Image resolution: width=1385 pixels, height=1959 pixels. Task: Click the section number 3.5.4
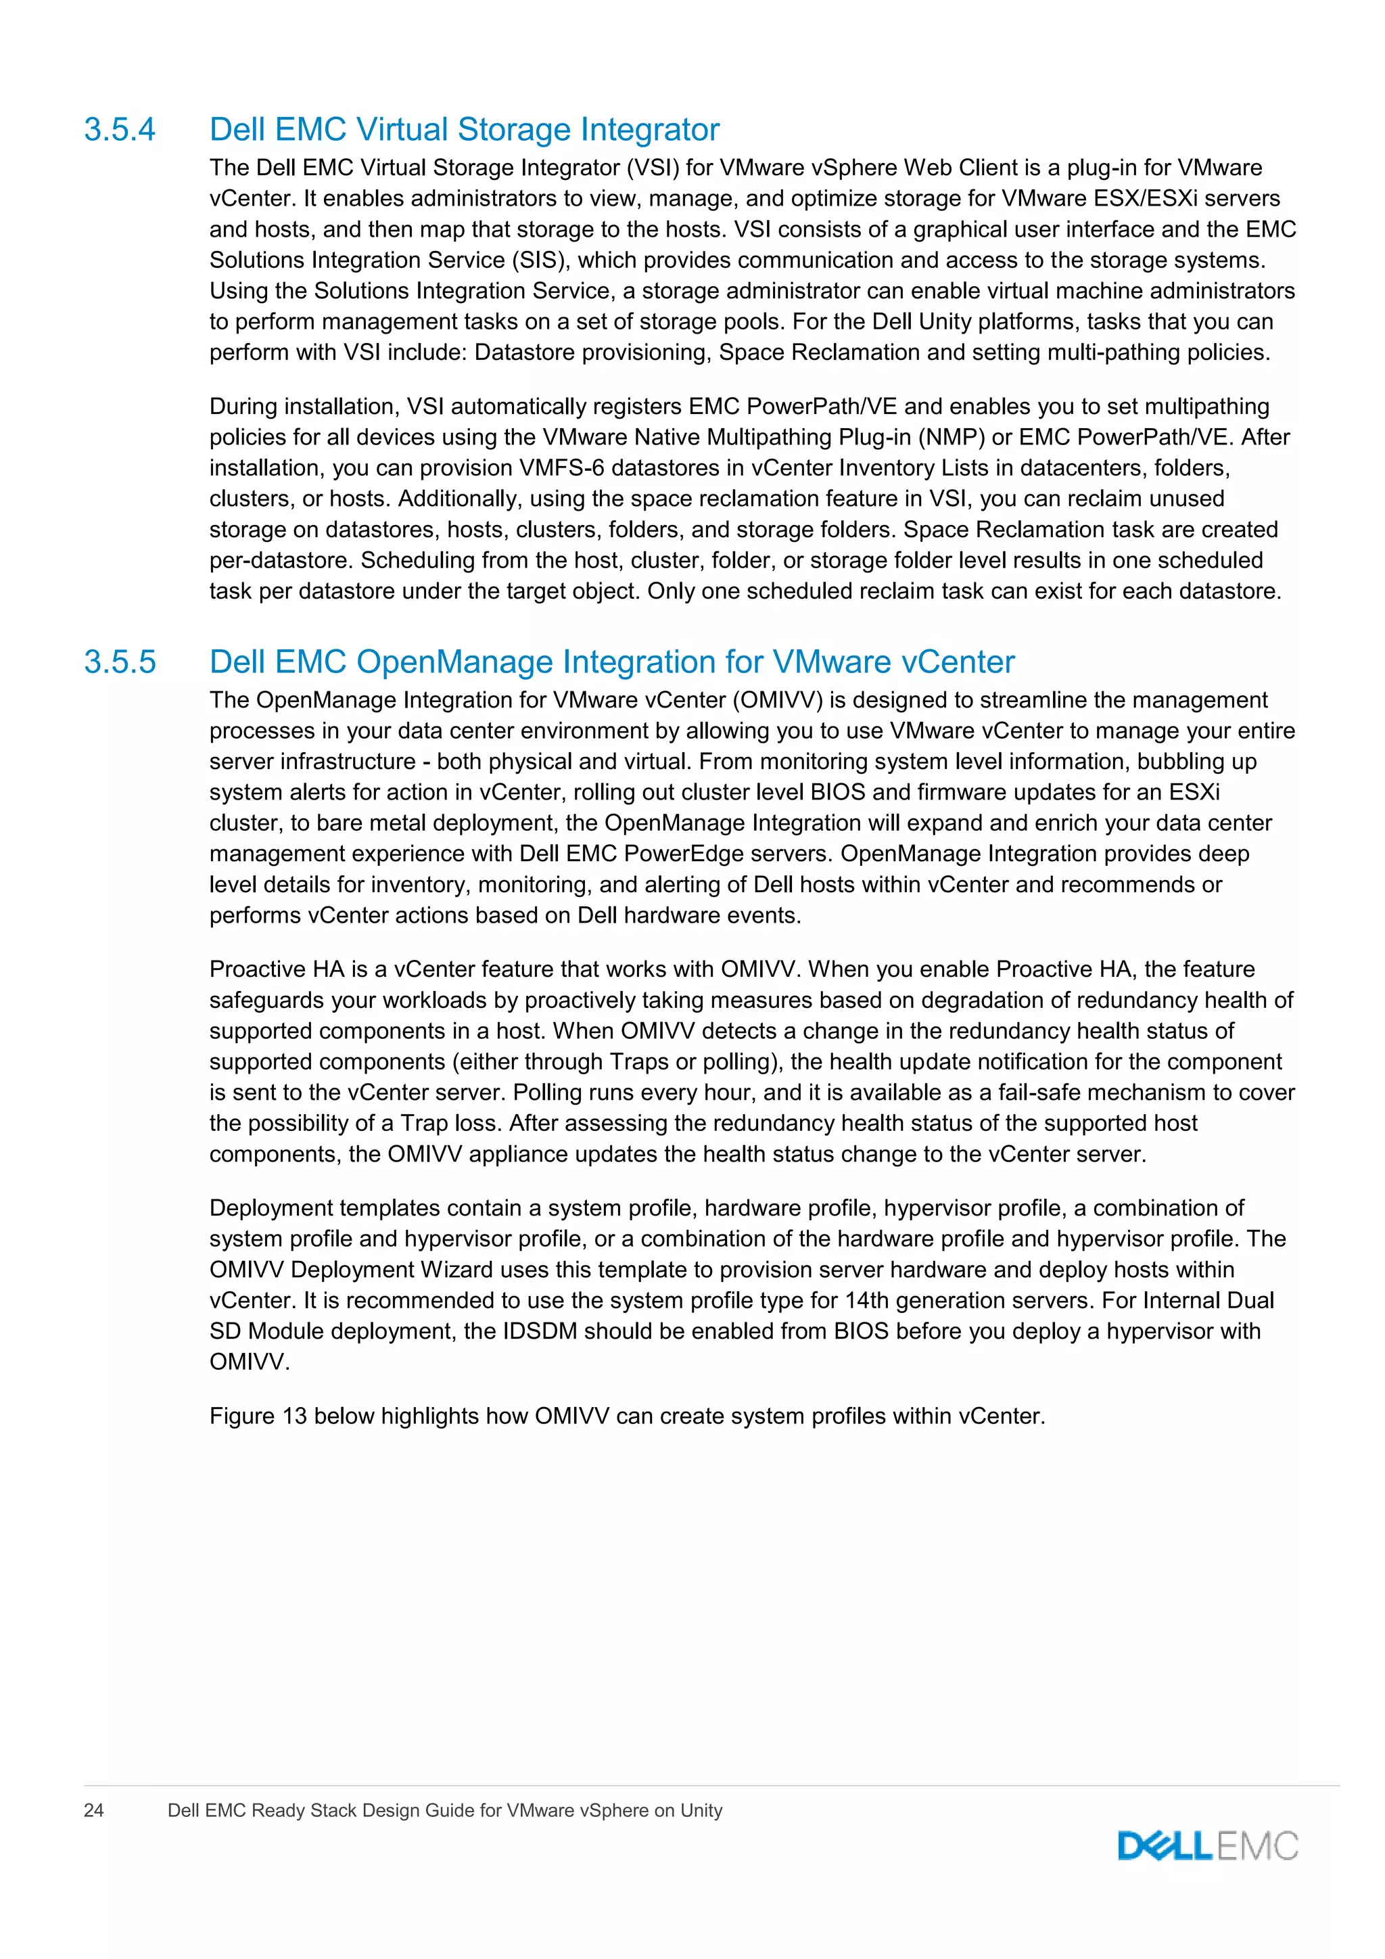pyautogui.click(x=120, y=130)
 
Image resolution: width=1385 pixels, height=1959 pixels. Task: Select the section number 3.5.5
pyautogui.click(x=120, y=662)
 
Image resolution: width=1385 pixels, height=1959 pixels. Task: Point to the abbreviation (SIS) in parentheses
pyautogui.click(x=541, y=260)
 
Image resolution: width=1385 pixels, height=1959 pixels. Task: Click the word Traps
pyautogui.click(x=640, y=1062)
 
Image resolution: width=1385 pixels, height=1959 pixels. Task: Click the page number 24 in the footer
pyautogui.click(x=94, y=1811)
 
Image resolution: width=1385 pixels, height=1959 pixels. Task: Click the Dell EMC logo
pyautogui.click(x=1208, y=1847)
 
